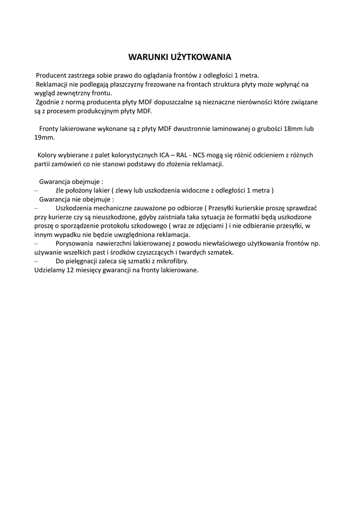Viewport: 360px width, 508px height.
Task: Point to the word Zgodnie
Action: (47, 102)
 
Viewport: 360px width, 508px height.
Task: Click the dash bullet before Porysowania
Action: (36, 244)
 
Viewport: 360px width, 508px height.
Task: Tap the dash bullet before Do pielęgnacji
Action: (36, 261)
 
